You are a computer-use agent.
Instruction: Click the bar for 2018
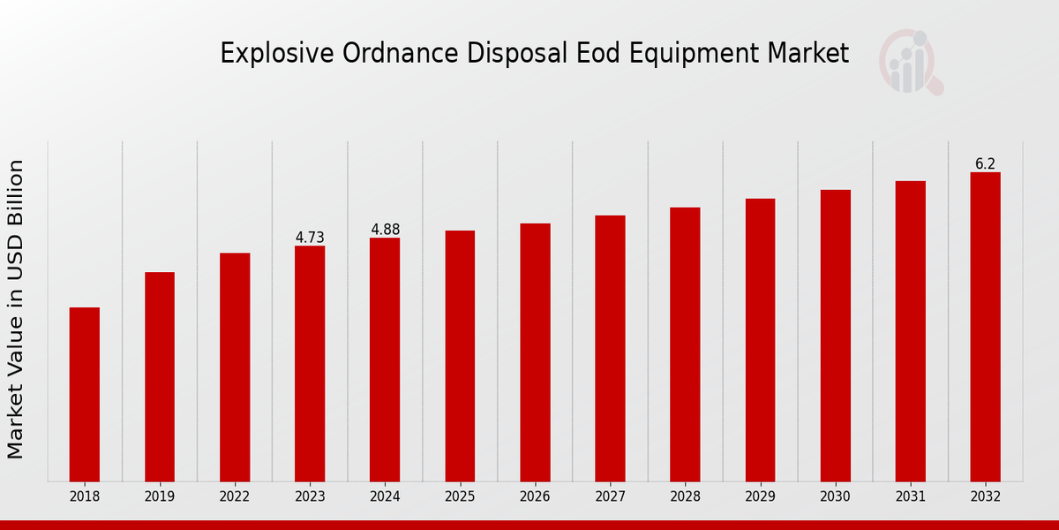coord(85,394)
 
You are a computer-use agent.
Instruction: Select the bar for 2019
coord(160,376)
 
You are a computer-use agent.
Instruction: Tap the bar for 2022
coord(235,367)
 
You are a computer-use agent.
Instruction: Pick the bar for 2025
coord(460,355)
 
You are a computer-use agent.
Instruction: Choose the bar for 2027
coord(610,348)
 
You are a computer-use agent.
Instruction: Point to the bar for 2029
coord(760,339)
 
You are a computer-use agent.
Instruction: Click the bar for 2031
coord(910,330)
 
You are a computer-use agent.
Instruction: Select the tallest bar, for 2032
coord(985,326)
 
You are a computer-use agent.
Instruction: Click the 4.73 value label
coord(310,238)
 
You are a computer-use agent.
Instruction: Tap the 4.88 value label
coord(385,230)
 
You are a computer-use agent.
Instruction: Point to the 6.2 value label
coord(985,164)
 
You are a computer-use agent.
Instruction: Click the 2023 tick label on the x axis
coord(310,497)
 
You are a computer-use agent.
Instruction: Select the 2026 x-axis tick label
coord(535,497)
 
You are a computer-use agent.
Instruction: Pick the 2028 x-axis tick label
coord(685,497)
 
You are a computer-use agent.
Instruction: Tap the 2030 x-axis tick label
coord(835,497)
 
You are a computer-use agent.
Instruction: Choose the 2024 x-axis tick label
coord(385,497)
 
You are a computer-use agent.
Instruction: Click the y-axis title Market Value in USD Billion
coord(16,309)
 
